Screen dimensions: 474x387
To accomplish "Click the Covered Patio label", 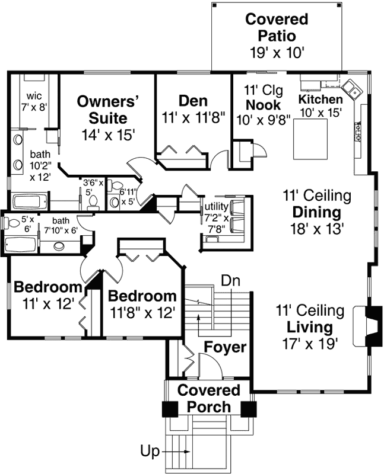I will click(x=277, y=27).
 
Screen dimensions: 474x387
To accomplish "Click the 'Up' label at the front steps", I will click(x=150, y=451).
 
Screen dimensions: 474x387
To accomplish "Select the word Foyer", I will click(x=225, y=347).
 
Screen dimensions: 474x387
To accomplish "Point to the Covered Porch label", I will click(x=209, y=399).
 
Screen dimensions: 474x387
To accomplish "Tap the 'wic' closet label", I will click(x=33, y=96).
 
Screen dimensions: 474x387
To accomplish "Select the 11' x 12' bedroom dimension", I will click(x=49, y=304).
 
